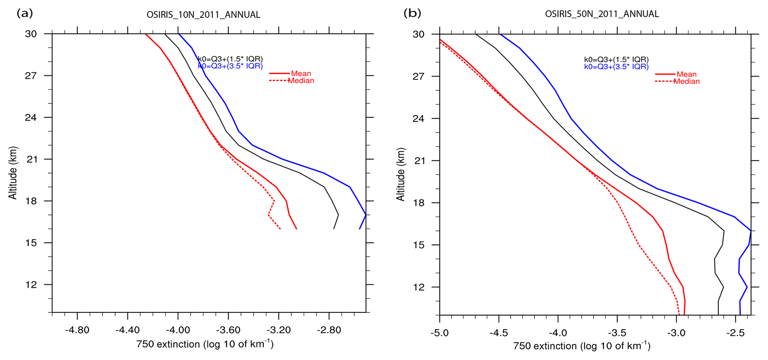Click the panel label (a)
tap(25, 14)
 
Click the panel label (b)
tap(412, 14)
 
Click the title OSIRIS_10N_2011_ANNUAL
tap(203, 15)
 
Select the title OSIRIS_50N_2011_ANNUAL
tap(602, 14)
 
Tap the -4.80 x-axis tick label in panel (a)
tap(77, 330)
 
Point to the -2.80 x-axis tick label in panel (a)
tap(329, 330)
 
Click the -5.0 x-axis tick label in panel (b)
tap(439, 333)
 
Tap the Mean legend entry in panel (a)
tap(301, 73)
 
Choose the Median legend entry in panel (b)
tap(686, 81)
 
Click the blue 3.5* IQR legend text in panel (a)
tap(230, 66)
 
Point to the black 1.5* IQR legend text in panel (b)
tap(616, 59)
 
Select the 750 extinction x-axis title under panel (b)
tap(582, 346)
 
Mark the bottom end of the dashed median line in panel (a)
tap(280, 229)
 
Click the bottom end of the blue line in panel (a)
tap(359, 229)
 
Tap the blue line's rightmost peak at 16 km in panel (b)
tap(751, 231)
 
